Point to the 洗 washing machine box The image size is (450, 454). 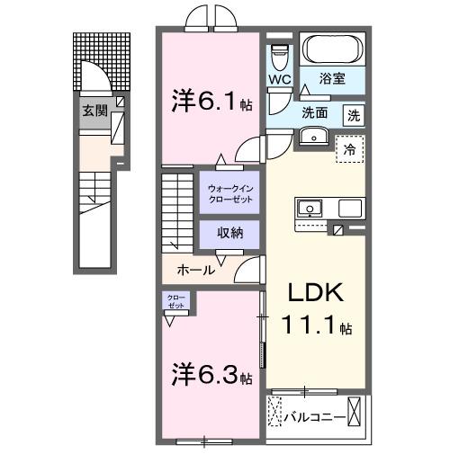[x=355, y=114]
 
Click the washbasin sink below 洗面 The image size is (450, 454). [x=313, y=136]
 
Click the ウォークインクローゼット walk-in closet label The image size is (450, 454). [x=229, y=192]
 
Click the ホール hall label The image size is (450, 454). [x=196, y=270]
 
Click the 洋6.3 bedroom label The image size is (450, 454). [x=211, y=374]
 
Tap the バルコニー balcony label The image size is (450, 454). [x=312, y=416]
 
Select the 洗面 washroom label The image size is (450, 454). [x=314, y=114]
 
